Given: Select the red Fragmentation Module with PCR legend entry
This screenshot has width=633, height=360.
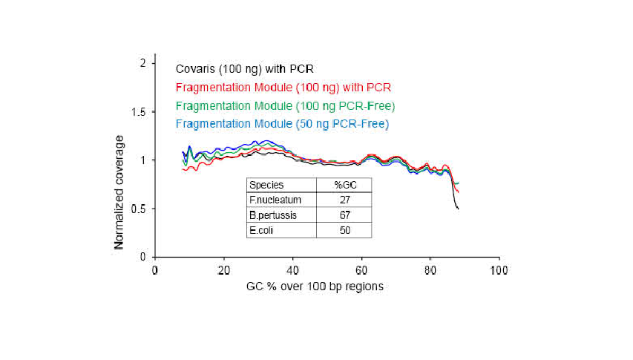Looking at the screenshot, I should pyautogui.click(x=283, y=88).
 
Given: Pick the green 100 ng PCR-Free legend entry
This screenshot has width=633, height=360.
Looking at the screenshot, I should pyautogui.click(x=284, y=105).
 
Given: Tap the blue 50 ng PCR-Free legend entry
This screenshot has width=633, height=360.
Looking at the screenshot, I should pyautogui.click(x=281, y=122).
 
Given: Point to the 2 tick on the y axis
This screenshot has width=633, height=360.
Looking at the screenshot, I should pyautogui.click(x=142, y=63).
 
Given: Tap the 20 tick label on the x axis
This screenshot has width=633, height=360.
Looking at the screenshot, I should pyautogui.click(x=223, y=270).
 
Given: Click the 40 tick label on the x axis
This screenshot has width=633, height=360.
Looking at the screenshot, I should pyautogui.click(x=292, y=270).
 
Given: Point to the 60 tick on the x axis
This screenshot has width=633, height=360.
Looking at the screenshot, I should pyautogui.click(x=361, y=270).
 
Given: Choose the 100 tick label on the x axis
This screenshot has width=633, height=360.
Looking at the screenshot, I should pyautogui.click(x=499, y=270).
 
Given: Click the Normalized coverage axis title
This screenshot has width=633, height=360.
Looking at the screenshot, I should pyautogui.click(x=119, y=191).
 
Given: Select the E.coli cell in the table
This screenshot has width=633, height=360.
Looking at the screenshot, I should pyautogui.click(x=261, y=230).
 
